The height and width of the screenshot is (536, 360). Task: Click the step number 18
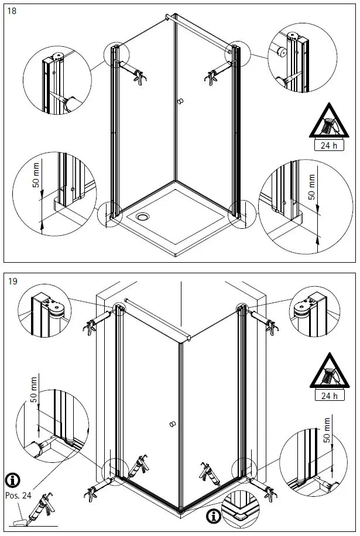click(x=12, y=11)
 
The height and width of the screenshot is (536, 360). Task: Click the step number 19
click(x=12, y=281)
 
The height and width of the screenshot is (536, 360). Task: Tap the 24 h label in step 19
click(x=330, y=396)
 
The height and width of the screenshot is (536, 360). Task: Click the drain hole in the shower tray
click(x=143, y=217)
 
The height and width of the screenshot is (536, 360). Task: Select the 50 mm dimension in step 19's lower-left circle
click(x=34, y=390)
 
